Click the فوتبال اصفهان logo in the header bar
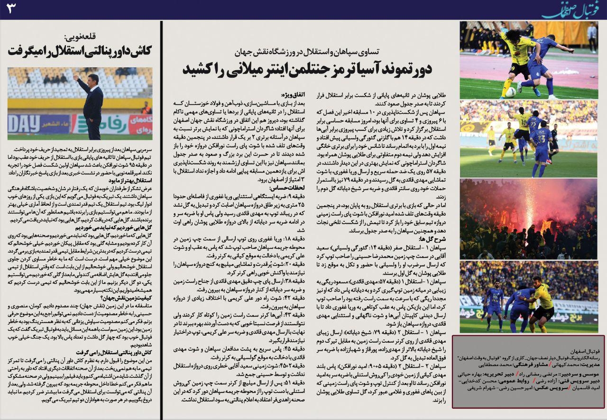click(x=569, y=9)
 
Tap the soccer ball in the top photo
click(x=510, y=91)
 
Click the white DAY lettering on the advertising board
click(x=24, y=125)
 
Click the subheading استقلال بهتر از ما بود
click(x=131, y=181)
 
